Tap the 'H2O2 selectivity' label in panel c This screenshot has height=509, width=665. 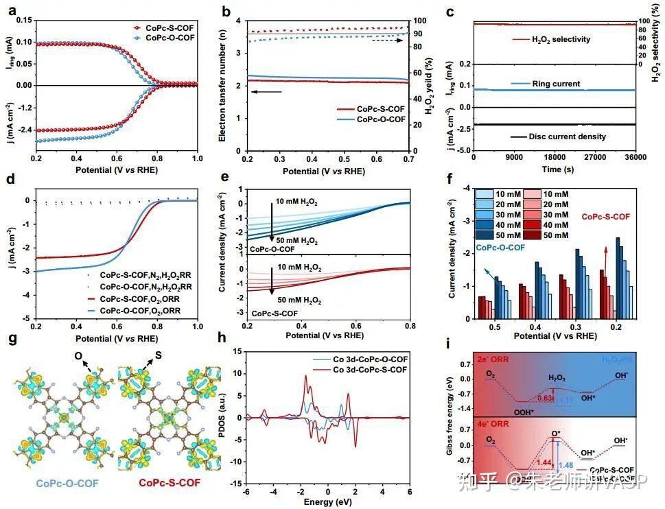[561, 39]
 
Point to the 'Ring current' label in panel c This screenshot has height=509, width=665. [555, 84]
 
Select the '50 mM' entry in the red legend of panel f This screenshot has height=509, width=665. [555, 235]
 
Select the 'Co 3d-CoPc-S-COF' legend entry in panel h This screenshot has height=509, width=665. [360, 370]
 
